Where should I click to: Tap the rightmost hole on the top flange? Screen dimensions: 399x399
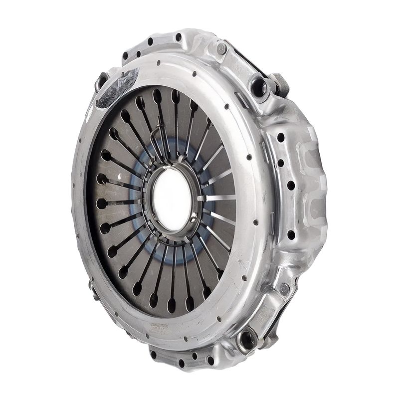179,37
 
